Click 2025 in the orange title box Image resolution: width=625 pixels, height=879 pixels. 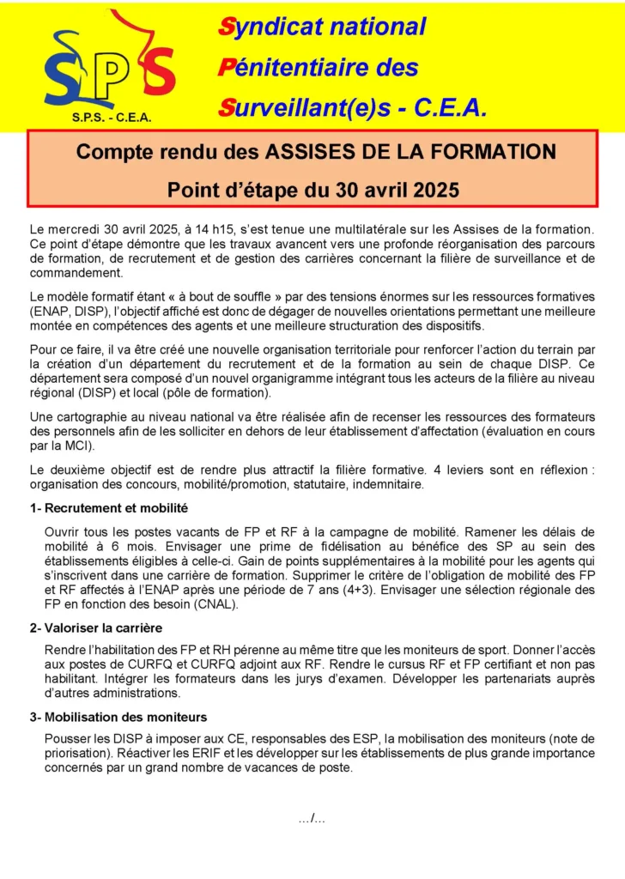click(x=428, y=190)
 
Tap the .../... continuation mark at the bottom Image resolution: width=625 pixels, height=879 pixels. click(x=312, y=819)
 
